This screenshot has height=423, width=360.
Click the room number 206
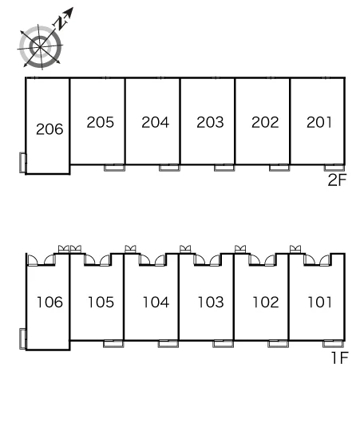pyautogui.click(x=49, y=129)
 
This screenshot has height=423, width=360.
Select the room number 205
pyautogui.click(x=101, y=122)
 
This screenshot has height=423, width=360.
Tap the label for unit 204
pyautogui.click(x=156, y=122)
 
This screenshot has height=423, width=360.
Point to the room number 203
pyautogui.click(x=210, y=122)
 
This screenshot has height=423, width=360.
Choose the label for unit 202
pyautogui.click(x=265, y=122)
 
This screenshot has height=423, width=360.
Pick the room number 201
pyautogui.click(x=319, y=122)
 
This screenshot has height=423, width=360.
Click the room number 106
pyautogui.click(x=50, y=302)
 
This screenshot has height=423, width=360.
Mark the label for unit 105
pyautogui.click(x=101, y=302)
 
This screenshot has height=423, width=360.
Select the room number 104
pyautogui.click(x=156, y=302)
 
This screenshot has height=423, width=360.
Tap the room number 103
pyautogui.click(x=211, y=302)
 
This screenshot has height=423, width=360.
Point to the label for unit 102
pyautogui.click(x=266, y=302)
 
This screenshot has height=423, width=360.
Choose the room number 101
pyautogui.click(x=320, y=302)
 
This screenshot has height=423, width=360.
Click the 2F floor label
pyautogui.click(x=337, y=180)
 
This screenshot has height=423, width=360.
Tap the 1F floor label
pyautogui.click(x=340, y=358)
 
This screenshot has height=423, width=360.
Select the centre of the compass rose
pyautogui.click(x=40, y=47)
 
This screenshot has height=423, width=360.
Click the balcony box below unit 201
pyautogui.click(x=334, y=168)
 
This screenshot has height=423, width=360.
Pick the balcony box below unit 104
pyautogui.click(x=168, y=344)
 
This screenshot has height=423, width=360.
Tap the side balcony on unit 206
pyautogui.click(x=23, y=163)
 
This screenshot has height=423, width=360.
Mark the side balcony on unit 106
pyautogui.click(x=23, y=339)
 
